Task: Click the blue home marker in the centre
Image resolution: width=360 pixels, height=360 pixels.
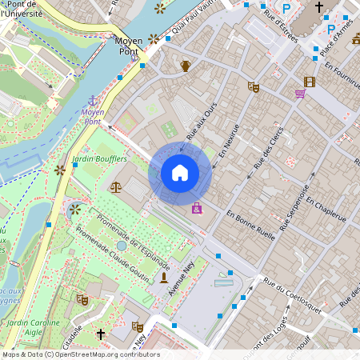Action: [180, 173]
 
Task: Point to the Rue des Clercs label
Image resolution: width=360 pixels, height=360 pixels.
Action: [269, 148]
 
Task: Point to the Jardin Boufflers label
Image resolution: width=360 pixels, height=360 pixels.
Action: [99, 159]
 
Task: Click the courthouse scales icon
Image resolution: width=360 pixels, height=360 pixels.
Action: [116, 187]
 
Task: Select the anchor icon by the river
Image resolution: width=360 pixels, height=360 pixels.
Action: [92, 101]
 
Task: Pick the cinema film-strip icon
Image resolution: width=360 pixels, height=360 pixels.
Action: [309, 82]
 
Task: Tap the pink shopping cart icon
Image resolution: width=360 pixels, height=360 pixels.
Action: [300, 94]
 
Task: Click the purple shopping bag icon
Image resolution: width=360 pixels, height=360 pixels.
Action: [197, 208]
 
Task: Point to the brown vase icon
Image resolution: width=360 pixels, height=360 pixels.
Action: [186, 66]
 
